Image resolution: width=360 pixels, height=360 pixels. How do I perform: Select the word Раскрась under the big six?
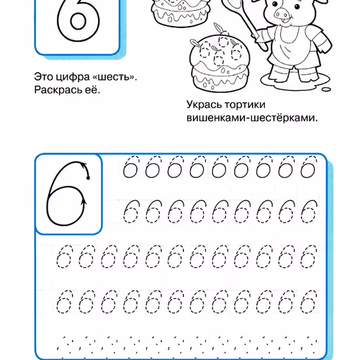pyautogui.click(x=58, y=91)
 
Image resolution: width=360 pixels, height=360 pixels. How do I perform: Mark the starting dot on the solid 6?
pyautogui.click(x=87, y=177)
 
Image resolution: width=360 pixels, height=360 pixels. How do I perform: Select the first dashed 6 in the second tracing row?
pyautogui.click(x=130, y=211)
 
